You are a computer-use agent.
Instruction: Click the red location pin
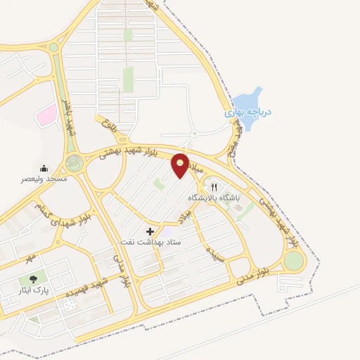(x=181, y=165)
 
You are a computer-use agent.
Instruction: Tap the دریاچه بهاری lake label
(x=248, y=112)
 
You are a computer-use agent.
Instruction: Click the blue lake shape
(x=250, y=98)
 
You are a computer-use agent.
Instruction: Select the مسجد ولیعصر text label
(x=43, y=179)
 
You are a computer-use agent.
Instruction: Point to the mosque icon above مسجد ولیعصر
(x=44, y=168)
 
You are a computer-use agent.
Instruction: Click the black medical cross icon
(x=150, y=231)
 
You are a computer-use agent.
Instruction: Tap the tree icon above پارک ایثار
(x=33, y=278)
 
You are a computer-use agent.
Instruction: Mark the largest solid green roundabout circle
(x=294, y=261)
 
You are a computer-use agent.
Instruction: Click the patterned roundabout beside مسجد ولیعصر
(x=74, y=163)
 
